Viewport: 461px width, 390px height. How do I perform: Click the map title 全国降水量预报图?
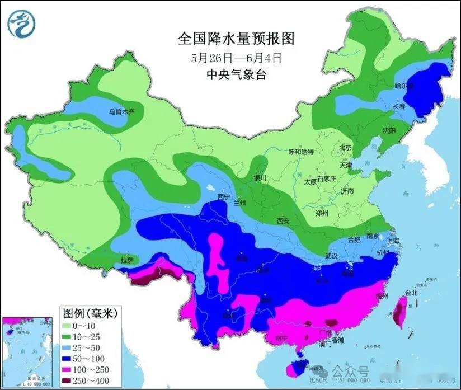point(235,39)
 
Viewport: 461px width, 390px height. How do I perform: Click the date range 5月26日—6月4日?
point(235,57)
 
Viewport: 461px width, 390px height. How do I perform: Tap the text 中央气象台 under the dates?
point(235,74)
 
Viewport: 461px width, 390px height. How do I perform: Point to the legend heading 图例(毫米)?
point(90,313)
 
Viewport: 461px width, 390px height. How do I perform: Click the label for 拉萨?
point(128,260)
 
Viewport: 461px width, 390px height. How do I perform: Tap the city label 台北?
point(411,293)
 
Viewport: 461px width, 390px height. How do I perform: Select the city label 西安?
point(283,221)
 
